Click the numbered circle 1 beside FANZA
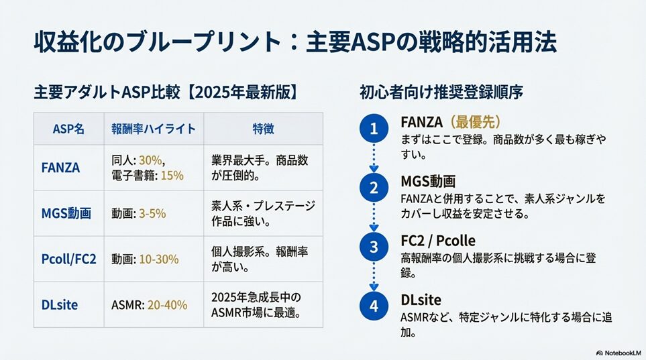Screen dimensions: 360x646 [374, 129]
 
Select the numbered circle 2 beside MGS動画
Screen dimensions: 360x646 [374, 188]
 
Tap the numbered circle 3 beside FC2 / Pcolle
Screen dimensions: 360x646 [374, 247]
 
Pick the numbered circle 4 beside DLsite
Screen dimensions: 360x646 [374, 306]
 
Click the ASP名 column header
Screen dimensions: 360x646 [68, 129]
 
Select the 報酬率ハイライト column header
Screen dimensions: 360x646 [153, 129]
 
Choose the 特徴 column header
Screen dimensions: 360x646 [263, 129]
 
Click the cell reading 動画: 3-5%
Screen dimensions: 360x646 [139, 213]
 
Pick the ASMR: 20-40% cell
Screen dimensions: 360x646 [149, 304]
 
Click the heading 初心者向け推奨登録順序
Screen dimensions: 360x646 [441, 91]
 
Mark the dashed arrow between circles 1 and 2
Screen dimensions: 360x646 [374, 159]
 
